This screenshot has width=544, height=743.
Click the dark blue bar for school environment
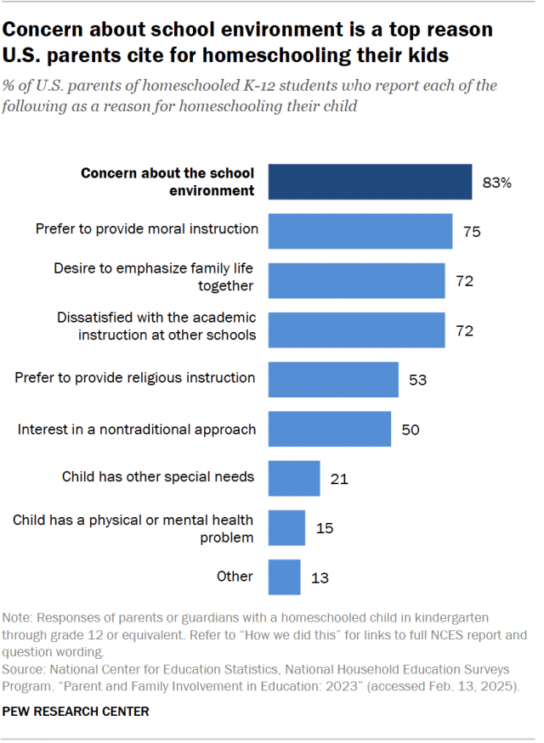[370, 182]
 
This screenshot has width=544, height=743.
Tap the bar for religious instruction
[333, 379]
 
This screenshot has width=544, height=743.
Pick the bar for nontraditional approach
[330, 429]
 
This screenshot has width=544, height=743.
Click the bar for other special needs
[294, 478]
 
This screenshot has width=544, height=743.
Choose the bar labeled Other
[284, 577]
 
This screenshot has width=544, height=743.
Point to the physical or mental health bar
[286, 528]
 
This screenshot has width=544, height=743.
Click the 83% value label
[496, 183]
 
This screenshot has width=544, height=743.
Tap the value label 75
[473, 231]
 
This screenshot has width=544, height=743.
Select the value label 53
[417, 380]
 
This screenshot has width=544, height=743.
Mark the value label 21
[339, 479]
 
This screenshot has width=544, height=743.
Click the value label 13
[320, 577]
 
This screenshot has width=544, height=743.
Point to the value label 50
[411, 430]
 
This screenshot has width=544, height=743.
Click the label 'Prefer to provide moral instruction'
[147, 228]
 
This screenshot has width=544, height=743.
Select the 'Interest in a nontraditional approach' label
[137, 429]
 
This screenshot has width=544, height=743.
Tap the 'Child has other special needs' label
[158, 476]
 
